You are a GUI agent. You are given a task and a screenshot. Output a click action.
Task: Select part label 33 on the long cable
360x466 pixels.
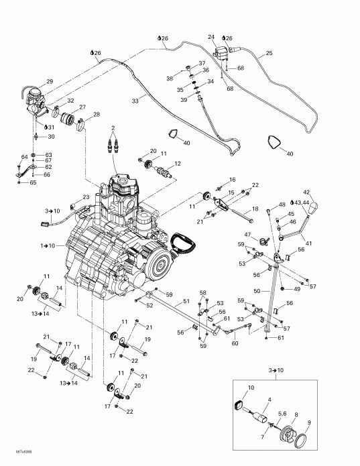coord(135,101)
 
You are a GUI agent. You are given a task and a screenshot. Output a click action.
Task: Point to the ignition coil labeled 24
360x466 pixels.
coord(221,50)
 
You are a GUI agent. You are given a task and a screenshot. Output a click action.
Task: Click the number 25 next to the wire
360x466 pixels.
coord(269,52)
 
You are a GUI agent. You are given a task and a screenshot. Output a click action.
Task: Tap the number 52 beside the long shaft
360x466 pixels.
coord(149,306)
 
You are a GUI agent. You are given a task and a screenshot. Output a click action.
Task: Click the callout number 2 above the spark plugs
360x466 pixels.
coord(113,128)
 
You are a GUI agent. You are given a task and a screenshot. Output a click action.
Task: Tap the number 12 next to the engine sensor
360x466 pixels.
coord(178,164)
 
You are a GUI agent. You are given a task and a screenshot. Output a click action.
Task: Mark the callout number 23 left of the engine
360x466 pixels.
coord(86,196)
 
